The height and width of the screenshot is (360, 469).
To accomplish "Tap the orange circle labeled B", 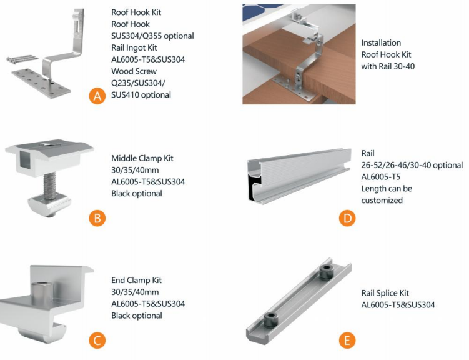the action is tap(97, 218).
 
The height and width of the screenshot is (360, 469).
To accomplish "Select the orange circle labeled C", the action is tap(97, 340).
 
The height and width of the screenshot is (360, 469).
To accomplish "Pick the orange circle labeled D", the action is tap(347, 218).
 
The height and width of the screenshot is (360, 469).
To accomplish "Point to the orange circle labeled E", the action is tap(347, 340).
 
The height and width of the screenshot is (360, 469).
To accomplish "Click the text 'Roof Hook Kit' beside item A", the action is tap(136, 12).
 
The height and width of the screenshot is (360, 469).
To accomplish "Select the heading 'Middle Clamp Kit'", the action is tap(142, 158).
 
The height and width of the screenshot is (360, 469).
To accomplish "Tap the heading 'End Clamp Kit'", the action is tap(136, 281).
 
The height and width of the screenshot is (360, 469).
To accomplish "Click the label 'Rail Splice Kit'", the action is tap(385, 293).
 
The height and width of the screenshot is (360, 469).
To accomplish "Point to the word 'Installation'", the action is tap(381, 42).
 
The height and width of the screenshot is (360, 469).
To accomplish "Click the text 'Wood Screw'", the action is tap(134, 71).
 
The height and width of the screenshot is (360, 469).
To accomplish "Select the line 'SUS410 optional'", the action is tap(141, 95).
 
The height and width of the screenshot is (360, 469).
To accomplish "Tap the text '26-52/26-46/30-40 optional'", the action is tap(412, 165).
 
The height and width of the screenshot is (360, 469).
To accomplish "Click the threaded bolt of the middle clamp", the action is tap(50, 186).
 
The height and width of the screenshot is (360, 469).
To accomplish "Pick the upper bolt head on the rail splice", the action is tap(326, 272).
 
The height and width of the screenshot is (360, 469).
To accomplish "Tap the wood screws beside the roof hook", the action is tap(22, 59).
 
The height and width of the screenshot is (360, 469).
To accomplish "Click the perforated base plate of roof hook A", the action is tap(41, 83).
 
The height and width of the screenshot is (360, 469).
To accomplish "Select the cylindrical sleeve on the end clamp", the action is tap(42, 292).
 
